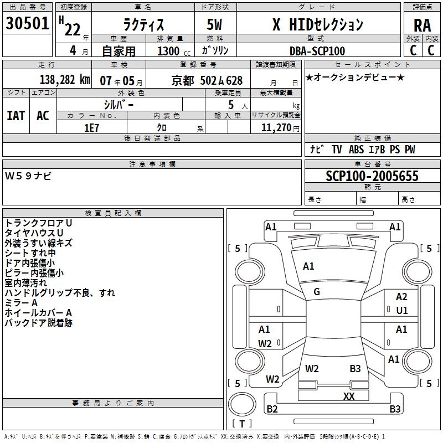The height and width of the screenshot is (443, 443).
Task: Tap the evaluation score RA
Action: click(422, 24)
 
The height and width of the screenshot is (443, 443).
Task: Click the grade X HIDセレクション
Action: click(318, 24)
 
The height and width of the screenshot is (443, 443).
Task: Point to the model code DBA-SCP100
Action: click(317, 51)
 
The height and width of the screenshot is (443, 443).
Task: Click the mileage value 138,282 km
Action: click(65, 80)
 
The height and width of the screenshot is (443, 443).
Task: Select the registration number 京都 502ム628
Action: click(207, 81)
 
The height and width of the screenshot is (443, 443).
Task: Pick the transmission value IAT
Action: click(16, 115)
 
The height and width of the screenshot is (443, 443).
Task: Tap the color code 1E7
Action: click(91, 127)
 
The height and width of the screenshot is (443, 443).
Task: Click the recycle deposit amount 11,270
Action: click(276, 127)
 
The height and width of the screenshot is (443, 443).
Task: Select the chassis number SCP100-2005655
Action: click(372, 176)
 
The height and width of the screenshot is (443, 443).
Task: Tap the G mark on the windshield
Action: click(317, 292)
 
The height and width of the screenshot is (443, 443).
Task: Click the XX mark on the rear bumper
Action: click(349, 396)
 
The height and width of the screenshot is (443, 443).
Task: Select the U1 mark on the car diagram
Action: click(401, 310)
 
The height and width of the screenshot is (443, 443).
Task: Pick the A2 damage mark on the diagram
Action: click(401, 297)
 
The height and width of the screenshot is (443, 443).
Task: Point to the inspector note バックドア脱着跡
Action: click(39, 323)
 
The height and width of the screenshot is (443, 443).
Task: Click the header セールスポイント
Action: click(372, 65)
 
